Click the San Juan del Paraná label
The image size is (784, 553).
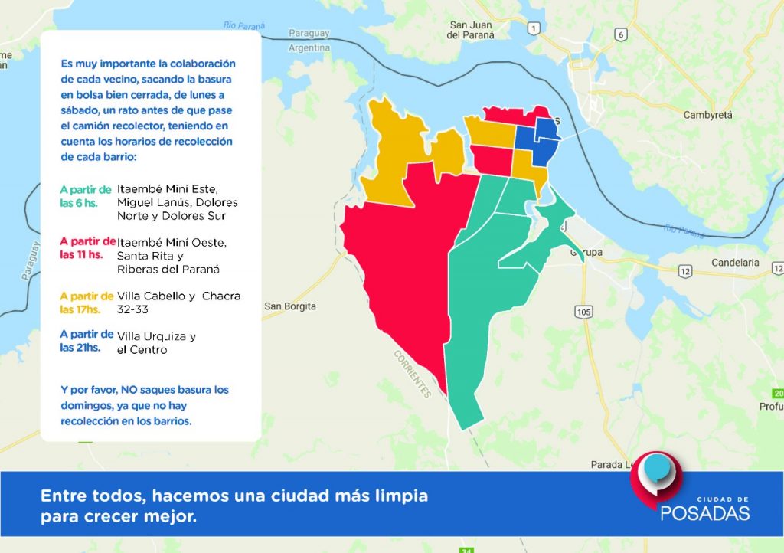(471, 30)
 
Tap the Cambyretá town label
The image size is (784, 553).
(707, 115)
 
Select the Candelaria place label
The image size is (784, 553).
(735, 263)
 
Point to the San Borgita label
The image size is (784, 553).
(290, 306)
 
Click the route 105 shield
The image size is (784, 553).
(583, 312)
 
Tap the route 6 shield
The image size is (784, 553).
(620, 34)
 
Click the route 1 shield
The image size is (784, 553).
(534, 28)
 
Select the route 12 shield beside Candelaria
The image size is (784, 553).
(685, 271)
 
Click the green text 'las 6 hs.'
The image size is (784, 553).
(79, 203)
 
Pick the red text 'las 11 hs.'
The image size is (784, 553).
(81, 254)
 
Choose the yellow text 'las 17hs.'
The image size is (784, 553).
(80, 309)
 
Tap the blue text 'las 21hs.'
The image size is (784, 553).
(80, 348)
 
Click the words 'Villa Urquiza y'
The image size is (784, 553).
(156, 337)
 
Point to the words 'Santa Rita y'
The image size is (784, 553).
(150, 256)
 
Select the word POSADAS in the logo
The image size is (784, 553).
(705, 513)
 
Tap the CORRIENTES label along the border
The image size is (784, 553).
(413, 374)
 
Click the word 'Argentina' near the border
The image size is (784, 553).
(309, 48)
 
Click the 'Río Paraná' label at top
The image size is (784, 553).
(244, 25)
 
